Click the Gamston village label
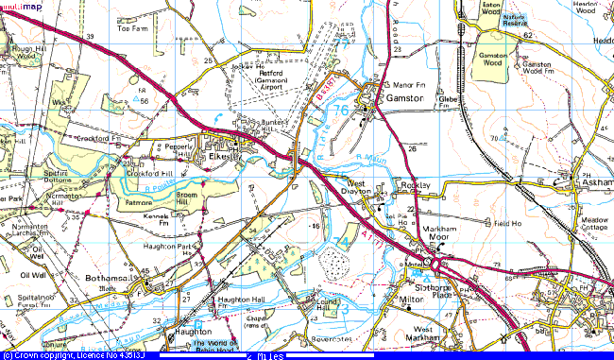click(402, 97)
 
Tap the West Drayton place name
click(354, 187)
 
